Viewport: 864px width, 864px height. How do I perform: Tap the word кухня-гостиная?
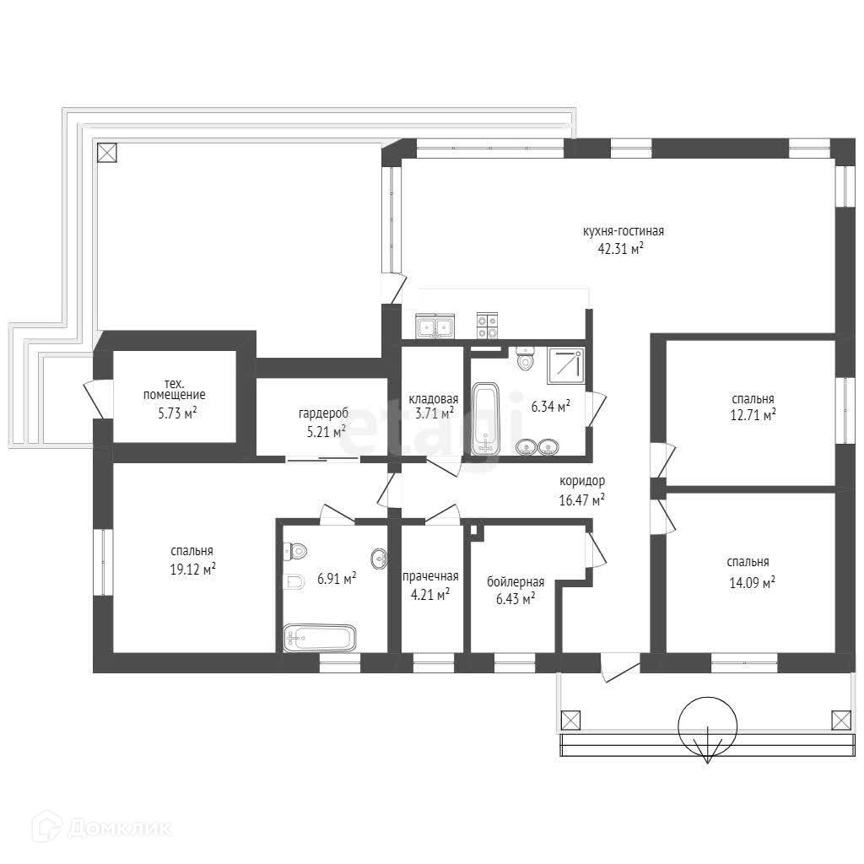click(x=624, y=231)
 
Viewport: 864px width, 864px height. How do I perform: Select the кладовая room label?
click(x=433, y=398)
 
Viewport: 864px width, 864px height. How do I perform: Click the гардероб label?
click(x=323, y=413)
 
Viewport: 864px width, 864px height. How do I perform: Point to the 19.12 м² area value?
click(x=192, y=569)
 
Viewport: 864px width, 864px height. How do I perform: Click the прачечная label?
click(x=430, y=577)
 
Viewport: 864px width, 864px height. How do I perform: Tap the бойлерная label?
click(x=516, y=582)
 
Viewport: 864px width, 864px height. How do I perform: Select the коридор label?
click(x=582, y=481)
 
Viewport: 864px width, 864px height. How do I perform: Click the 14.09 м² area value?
click(x=752, y=582)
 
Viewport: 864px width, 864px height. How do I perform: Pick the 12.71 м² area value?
click(x=753, y=414)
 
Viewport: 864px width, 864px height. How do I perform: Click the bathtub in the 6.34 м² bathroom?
click(x=485, y=419)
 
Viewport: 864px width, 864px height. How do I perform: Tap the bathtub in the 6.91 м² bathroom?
click(x=320, y=639)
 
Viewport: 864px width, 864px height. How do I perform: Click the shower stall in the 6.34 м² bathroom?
click(x=566, y=365)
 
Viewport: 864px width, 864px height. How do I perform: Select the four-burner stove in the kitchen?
click(x=487, y=325)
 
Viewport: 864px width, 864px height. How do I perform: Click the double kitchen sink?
click(x=435, y=326)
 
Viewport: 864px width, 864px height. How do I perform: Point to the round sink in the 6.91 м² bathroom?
click(x=380, y=559)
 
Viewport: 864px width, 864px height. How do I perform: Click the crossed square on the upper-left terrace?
click(x=107, y=153)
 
